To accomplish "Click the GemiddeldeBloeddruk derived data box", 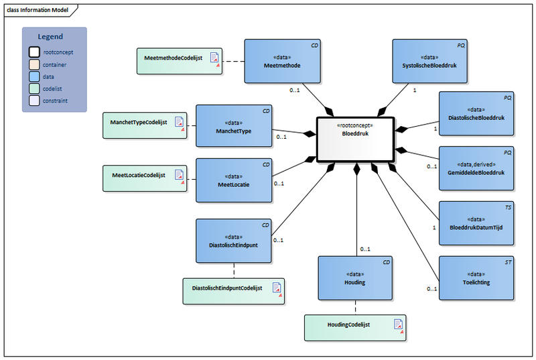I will coord(476,168).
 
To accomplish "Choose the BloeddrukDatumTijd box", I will coord(476,223).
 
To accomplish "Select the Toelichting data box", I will coord(476,278).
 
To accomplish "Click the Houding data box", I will coord(354,278).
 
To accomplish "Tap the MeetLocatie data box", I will coord(234,180).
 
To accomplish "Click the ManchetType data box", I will coord(234,126).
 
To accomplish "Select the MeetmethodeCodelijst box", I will coord(179,60).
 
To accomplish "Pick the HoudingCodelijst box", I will coord(355,327).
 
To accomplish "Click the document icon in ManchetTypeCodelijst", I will coord(179,121).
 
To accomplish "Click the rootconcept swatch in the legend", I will coord(33,52).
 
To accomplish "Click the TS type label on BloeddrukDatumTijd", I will coord(507,208).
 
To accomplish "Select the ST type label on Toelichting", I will coord(507,263).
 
